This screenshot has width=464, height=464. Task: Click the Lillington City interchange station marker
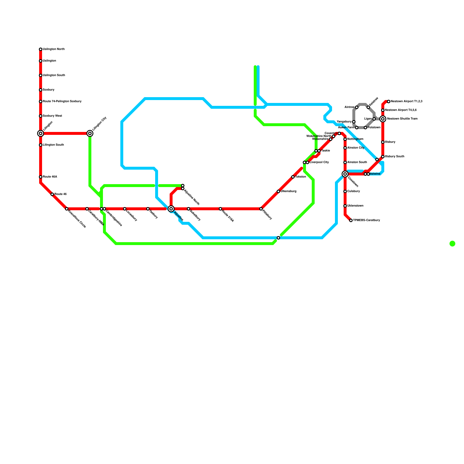coord(90,133)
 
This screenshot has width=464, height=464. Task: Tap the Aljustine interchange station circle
coord(171,209)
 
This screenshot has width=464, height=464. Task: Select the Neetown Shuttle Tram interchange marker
coord(383,119)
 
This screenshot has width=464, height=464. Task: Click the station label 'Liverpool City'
coord(319,162)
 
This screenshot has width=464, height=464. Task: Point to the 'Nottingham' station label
coord(355,139)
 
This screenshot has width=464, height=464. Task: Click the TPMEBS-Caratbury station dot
coord(351,220)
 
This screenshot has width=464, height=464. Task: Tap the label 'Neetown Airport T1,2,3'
coord(406,101)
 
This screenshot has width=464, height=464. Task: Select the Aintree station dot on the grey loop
coord(357,107)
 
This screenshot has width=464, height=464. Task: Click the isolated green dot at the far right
coord(452,244)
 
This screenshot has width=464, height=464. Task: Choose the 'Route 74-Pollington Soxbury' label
coord(62,101)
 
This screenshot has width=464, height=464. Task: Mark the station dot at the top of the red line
coord(41,49)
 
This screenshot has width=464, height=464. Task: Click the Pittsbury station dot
coord(261,209)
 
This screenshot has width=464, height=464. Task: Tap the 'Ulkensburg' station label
coord(289,191)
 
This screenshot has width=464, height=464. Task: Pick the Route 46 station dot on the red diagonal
coord(52,194)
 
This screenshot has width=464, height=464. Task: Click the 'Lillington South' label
coord(53,145)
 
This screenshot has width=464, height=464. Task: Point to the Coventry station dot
coord(339,133)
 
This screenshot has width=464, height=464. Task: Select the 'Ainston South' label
coord(357,162)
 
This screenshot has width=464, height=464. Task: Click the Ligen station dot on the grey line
coord(374,119)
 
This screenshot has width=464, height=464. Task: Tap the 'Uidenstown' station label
coord(355,206)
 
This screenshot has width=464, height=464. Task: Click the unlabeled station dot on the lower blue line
coord(278,238)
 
